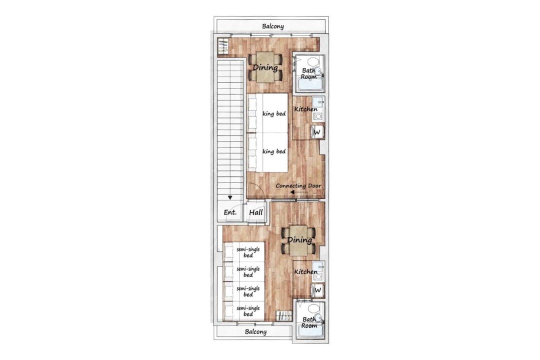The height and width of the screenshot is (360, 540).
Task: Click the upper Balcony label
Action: click(273, 26)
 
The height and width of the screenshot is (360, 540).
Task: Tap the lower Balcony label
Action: click(255, 332)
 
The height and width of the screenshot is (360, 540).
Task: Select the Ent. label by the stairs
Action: click(230, 212)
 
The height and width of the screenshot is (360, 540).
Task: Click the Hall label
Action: click(256, 212)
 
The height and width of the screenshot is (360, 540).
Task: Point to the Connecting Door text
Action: click(298, 185)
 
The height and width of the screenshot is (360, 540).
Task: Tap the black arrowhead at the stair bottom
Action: click(229, 197)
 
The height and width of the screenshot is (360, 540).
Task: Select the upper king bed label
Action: click(274, 113)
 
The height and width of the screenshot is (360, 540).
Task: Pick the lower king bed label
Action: click(274, 151)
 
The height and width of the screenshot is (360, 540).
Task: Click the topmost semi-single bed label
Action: click(248, 252)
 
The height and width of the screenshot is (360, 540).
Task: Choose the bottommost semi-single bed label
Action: click(248, 311)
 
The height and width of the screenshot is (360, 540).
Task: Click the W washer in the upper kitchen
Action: click(317, 132)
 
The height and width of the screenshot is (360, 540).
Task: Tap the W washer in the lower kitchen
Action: click(317, 290)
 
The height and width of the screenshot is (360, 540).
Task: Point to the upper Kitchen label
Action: click(306, 109)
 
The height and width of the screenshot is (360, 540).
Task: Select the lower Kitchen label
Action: click(306, 272)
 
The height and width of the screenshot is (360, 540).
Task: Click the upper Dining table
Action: click(265, 67)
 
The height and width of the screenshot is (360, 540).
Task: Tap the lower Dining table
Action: click(299, 240)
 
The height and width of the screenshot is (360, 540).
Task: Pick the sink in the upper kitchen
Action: click(318, 102)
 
